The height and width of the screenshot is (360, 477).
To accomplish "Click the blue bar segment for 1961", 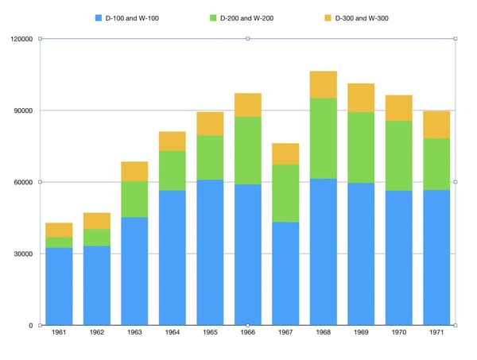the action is (x=59, y=286).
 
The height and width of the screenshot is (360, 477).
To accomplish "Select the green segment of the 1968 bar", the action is (x=324, y=138).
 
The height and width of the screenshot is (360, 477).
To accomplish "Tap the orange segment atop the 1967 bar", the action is (x=285, y=154).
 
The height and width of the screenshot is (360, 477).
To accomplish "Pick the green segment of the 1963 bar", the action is (x=134, y=199).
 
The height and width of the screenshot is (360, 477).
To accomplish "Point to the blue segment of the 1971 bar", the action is (x=436, y=257).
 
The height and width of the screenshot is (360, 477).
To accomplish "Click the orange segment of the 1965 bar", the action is (x=210, y=124).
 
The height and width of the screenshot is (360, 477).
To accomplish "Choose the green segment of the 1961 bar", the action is (x=59, y=242).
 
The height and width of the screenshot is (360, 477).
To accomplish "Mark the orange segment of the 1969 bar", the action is (x=361, y=98).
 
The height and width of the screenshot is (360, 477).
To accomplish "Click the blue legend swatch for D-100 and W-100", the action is (x=99, y=18).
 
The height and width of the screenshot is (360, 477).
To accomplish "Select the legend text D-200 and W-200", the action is (x=246, y=18).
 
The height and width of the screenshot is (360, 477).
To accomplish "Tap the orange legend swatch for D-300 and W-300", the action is (x=328, y=18).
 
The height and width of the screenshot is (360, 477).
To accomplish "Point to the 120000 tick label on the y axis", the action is (x=21, y=39).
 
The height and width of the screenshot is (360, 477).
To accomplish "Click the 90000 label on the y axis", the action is (x=23, y=110).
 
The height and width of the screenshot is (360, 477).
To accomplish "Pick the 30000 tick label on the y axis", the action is (x=23, y=254).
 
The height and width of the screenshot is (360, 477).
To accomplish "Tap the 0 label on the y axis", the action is (x=31, y=325).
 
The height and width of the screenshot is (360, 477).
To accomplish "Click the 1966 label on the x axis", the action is (x=247, y=332).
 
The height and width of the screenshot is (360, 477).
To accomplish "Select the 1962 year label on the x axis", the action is (x=97, y=332).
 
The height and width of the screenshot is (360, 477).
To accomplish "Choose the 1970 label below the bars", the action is (x=399, y=332).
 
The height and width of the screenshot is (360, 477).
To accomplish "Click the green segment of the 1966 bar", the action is (x=247, y=150).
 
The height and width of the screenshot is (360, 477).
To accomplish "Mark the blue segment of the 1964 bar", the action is (x=173, y=257).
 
